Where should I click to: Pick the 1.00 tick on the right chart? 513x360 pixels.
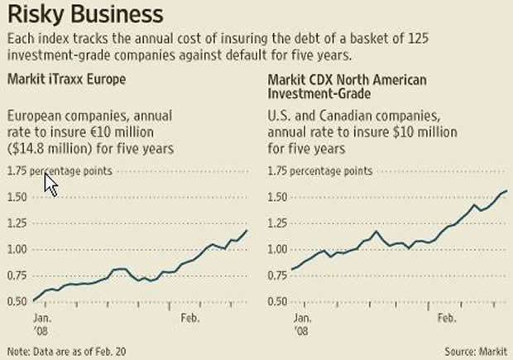(280, 249)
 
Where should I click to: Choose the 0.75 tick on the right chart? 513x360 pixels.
(280, 275)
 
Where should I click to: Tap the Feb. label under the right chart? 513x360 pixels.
(448, 317)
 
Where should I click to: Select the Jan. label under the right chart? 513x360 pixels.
(302, 317)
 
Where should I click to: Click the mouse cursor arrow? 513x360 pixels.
(49, 183)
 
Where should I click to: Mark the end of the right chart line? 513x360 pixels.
(506, 190)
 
